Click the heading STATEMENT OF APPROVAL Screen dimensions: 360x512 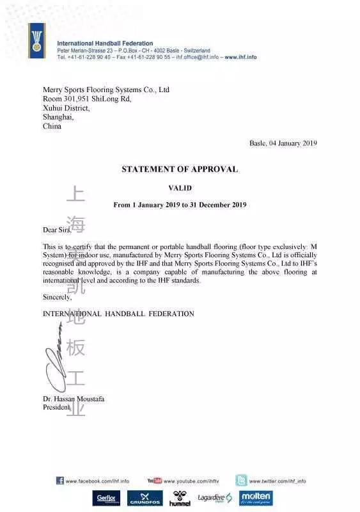click(180, 170)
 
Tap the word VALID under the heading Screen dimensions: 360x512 click(180, 188)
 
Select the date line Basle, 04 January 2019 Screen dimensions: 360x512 click(283, 143)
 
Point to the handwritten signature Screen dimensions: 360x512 click(56, 362)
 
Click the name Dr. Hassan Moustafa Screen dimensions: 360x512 click(74, 399)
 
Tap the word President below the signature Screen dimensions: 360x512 click(56, 407)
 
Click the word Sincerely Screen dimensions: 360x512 click(58, 297)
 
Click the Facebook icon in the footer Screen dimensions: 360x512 click(59, 481)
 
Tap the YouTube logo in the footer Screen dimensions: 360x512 click(154, 481)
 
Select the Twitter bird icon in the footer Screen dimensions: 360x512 click(241, 480)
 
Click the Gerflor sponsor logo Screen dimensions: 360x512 click(106, 499)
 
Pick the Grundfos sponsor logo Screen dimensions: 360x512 click(145, 499)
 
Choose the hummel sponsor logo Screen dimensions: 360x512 click(180, 499)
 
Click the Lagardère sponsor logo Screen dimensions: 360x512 click(214, 498)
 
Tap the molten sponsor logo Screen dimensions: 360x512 click(256, 498)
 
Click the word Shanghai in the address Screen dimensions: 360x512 click(58, 117)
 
